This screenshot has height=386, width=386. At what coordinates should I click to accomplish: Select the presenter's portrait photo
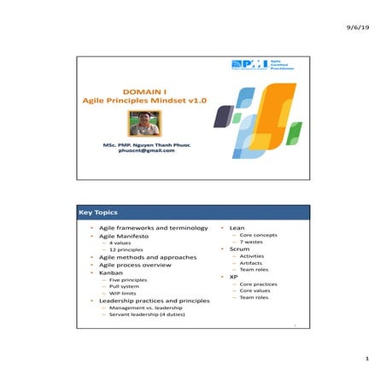tap(143, 122)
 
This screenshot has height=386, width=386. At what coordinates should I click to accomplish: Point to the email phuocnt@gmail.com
tap(146, 151)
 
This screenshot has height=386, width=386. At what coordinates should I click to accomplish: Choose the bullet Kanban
tap(114, 274)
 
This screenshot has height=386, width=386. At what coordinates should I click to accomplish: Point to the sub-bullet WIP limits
tap(123, 293)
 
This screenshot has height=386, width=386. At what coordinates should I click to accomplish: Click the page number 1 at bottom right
tap(366, 358)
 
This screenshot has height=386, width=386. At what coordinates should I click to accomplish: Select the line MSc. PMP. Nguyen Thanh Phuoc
tap(146, 144)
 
